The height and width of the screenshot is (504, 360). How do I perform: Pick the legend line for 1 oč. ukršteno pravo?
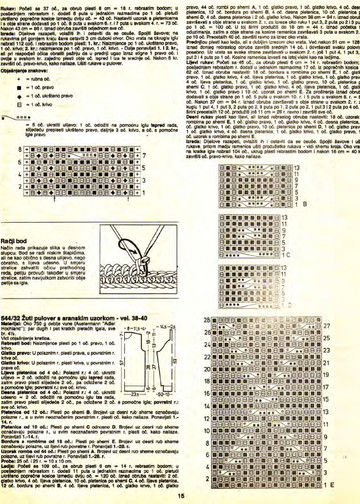click(40, 96)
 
